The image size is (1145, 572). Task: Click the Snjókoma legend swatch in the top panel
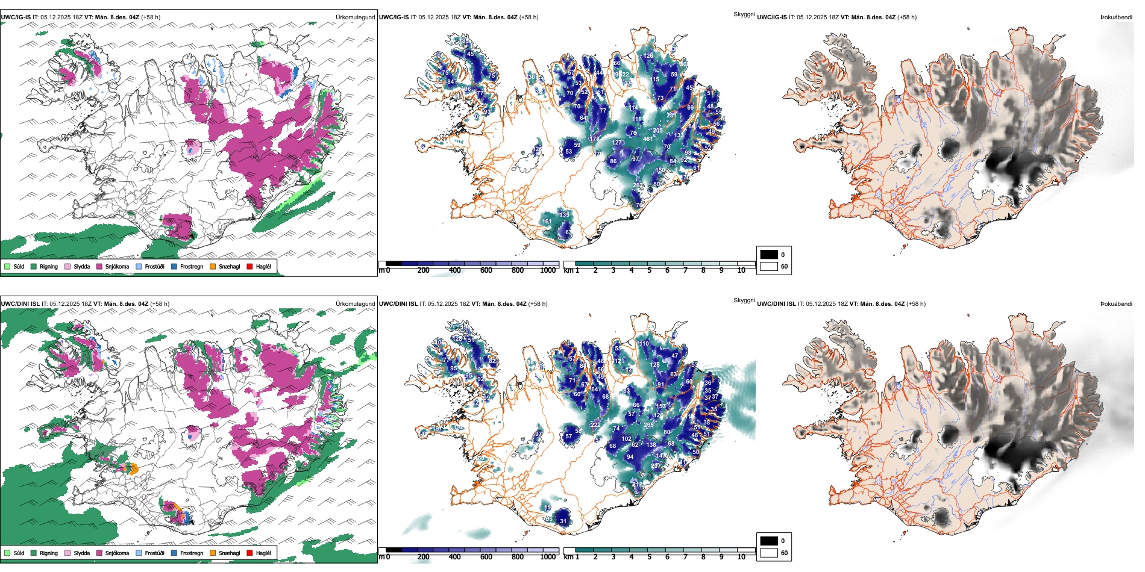(x=99, y=266)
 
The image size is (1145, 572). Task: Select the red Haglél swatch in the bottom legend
(x=249, y=553)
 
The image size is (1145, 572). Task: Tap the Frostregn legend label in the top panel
(x=192, y=266)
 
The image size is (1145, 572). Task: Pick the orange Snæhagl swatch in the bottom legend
(x=213, y=553)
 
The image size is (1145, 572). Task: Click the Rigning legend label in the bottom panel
(x=49, y=553)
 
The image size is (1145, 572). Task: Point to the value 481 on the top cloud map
(x=648, y=139)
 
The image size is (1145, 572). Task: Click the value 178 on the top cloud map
(x=595, y=139)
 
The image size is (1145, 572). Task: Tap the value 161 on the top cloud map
(x=547, y=222)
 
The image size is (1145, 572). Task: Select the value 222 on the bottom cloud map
(x=595, y=425)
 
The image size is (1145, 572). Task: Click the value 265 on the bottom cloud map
(x=648, y=425)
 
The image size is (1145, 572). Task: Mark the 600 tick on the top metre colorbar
(x=486, y=270)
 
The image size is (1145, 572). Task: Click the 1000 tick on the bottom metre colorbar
(x=548, y=557)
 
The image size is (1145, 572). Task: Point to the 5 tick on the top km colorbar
(x=649, y=270)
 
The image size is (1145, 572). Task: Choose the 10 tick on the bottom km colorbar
(x=741, y=557)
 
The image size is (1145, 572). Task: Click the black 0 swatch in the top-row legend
(x=769, y=255)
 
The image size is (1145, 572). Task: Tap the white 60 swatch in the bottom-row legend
(x=769, y=553)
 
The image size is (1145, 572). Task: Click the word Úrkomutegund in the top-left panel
(x=355, y=17)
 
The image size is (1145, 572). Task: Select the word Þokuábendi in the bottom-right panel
(x=1116, y=304)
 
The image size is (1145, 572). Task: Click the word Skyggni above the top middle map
(x=744, y=14)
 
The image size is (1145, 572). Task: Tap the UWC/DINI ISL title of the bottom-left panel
(x=20, y=304)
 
